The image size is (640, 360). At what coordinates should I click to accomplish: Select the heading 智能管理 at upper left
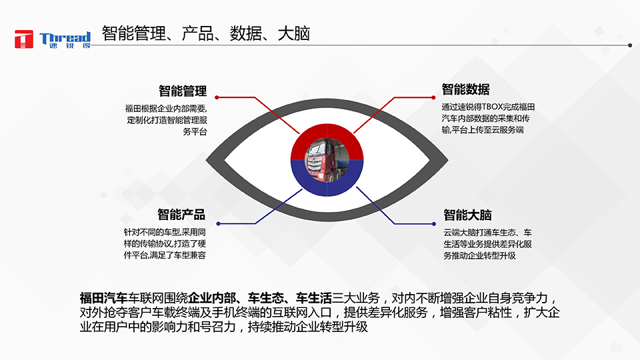pyautogui.click(x=183, y=91)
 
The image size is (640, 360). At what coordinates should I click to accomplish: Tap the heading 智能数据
pyautogui.click(x=465, y=89)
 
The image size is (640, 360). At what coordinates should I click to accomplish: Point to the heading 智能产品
pyautogui.click(x=181, y=215)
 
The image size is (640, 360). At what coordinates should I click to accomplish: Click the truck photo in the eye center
pyautogui.click(x=327, y=161)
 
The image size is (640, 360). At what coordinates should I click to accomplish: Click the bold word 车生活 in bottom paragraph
pyautogui.click(x=314, y=297)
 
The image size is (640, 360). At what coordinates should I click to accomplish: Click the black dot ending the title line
pyautogui.click(x=630, y=45)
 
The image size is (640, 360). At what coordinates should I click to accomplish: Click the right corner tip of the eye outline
pyautogui.click(x=445, y=161)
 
